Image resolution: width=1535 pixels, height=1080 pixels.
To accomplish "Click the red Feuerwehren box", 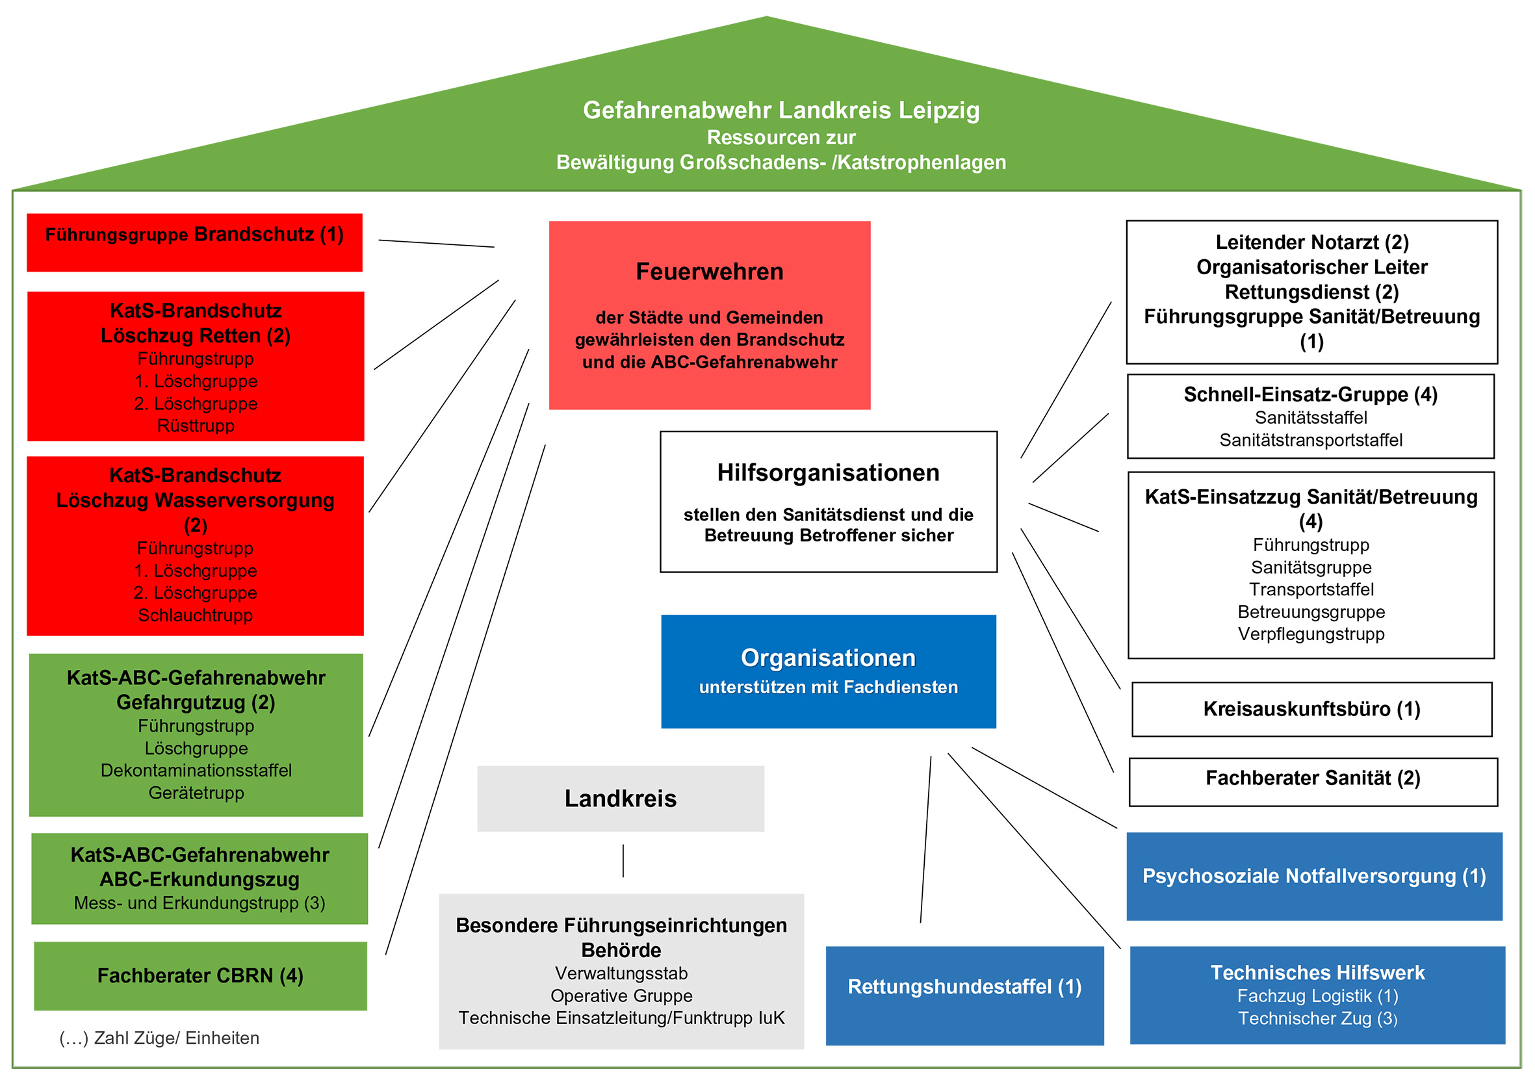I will [x=709, y=315].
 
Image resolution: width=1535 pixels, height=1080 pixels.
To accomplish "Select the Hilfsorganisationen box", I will [x=829, y=501].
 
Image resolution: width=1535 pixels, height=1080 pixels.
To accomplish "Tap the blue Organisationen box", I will [x=829, y=671].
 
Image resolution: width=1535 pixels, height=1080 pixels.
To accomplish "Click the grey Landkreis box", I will [x=621, y=799].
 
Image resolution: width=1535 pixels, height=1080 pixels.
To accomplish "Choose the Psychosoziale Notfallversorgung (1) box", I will [x=1313, y=876].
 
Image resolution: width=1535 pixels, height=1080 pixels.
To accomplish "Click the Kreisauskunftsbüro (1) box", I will [x=1311, y=709].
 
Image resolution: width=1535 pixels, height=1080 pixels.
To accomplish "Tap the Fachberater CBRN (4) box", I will [x=201, y=976].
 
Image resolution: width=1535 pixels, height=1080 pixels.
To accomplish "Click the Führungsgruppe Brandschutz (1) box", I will [x=194, y=242].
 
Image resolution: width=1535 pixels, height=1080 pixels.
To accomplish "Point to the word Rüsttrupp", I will [x=196, y=426].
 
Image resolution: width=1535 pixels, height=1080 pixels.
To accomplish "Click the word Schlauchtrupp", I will [x=195, y=615].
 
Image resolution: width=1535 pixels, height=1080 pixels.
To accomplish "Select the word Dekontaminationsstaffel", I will [x=196, y=771].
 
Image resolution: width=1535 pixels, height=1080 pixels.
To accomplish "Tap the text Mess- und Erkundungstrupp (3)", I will [x=200, y=903].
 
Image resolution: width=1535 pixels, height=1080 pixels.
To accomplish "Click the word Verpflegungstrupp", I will [x=1311, y=634].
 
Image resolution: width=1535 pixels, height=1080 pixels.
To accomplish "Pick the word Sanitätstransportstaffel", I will [x=1311, y=440].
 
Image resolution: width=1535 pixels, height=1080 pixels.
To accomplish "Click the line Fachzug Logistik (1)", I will [x=1318, y=996].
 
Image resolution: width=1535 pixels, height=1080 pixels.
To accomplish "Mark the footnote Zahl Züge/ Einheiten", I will [x=159, y=1038].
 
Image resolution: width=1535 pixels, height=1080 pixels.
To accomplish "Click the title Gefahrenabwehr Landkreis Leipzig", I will [x=781, y=110].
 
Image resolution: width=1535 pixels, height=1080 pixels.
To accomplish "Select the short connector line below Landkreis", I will [x=623, y=861].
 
